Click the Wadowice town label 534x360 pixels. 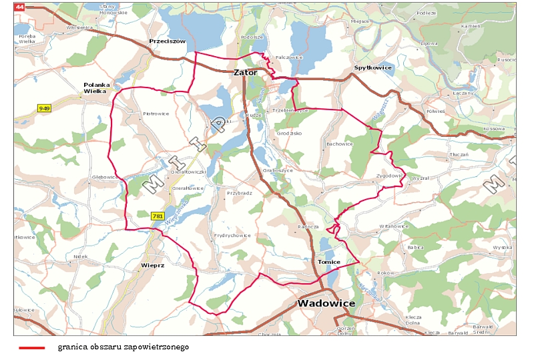326,303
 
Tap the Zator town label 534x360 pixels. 245,72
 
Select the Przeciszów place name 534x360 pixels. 167,41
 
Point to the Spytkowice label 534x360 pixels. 372,68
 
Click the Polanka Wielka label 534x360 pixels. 95,87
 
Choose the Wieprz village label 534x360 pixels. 153,265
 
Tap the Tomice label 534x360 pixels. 329,262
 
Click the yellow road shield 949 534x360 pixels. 45,108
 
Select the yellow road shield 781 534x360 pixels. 158,216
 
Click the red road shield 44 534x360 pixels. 19,7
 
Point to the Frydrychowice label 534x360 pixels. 232,235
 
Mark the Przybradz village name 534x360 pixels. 238,192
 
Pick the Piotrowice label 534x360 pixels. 156,114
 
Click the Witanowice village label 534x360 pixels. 393,226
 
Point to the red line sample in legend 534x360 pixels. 32,348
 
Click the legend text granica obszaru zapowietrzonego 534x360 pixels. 123,347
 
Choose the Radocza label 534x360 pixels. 308,226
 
